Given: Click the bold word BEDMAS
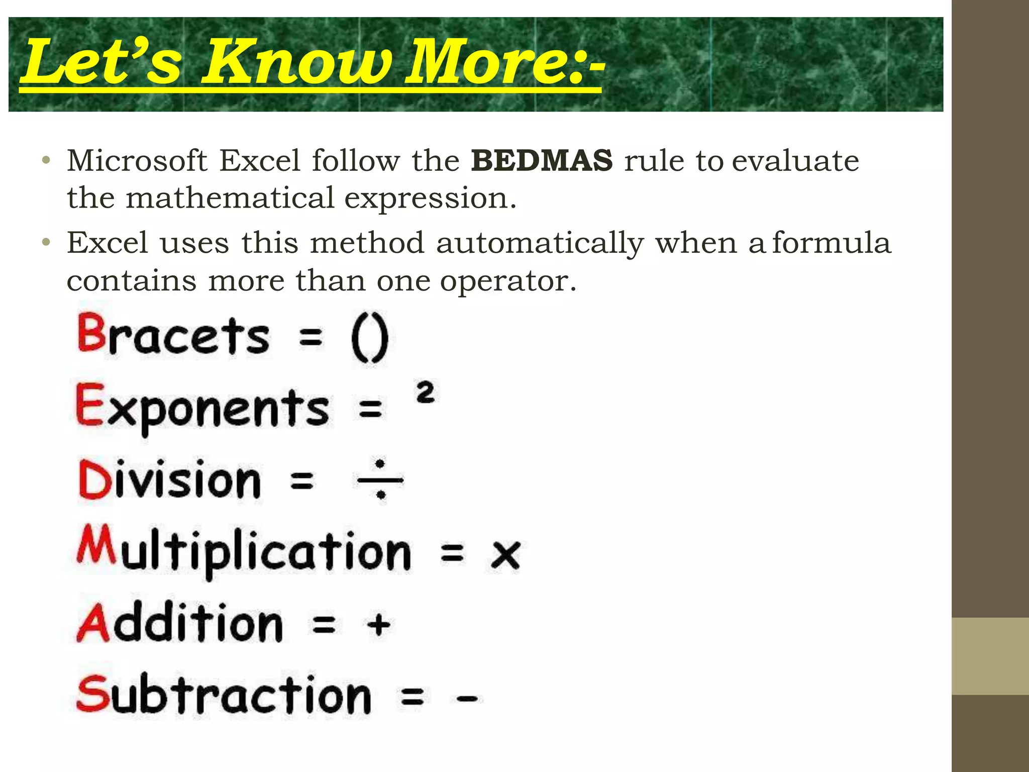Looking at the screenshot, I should [x=542, y=161].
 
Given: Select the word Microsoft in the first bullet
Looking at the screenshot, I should [x=137, y=161].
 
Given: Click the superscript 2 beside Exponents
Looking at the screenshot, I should [x=425, y=392].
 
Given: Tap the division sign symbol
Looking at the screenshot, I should [x=380, y=479].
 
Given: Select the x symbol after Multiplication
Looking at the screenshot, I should [x=505, y=555].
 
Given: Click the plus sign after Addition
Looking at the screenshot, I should [x=378, y=625].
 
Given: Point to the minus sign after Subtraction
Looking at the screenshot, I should [x=467, y=698].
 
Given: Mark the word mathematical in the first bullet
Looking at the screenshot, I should [x=230, y=198].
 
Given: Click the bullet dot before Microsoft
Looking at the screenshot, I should [x=46, y=161].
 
